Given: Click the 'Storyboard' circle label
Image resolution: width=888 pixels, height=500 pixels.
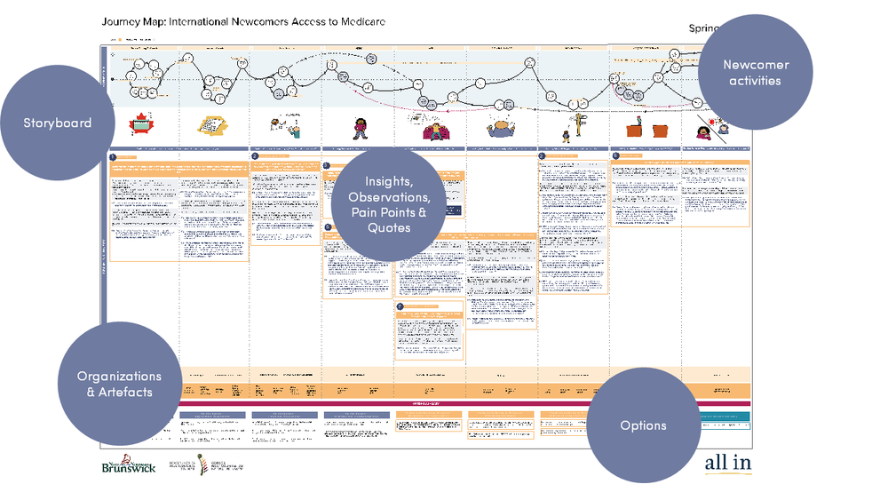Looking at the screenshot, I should pyautogui.click(x=58, y=123).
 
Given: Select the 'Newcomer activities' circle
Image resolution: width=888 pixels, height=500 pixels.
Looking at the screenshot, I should pyautogui.click(x=755, y=73).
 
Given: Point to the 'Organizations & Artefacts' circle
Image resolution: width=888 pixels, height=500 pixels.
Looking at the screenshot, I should pyautogui.click(x=119, y=384).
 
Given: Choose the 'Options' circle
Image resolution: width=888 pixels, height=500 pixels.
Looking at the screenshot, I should pyautogui.click(x=643, y=425).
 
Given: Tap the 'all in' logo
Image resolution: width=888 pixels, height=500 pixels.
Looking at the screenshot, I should pyautogui.click(x=727, y=462).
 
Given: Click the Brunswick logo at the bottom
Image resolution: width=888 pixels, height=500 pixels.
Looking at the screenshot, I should pyautogui.click(x=129, y=464).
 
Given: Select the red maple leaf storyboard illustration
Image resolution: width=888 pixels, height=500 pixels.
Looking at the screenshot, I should pyautogui.click(x=139, y=124).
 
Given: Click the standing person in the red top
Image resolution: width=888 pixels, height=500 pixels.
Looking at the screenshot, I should pyautogui.click(x=361, y=128).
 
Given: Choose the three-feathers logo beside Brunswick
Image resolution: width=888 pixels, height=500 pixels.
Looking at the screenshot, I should pyautogui.click(x=204, y=464).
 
